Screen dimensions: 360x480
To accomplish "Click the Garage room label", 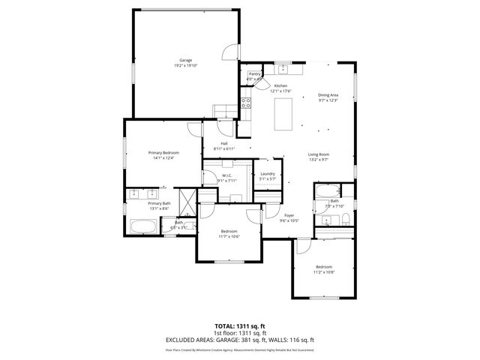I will (x=185, y=59).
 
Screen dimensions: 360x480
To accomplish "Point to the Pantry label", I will (x=255, y=74).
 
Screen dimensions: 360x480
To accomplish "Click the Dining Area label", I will (x=328, y=95).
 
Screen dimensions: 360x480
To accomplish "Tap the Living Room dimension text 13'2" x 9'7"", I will (x=319, y=160).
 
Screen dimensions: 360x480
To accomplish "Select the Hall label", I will (x=223, y=144).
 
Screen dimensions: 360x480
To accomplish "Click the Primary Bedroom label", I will (x=163, y=152).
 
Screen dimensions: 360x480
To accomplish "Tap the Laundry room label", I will (x=268, y=174).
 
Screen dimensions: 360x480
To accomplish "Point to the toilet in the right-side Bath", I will (x=346, y=219).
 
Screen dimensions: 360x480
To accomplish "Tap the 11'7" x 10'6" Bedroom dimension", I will (x=229, y=236).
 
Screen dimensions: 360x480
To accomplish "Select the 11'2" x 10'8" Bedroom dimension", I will (x=323, y=272).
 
